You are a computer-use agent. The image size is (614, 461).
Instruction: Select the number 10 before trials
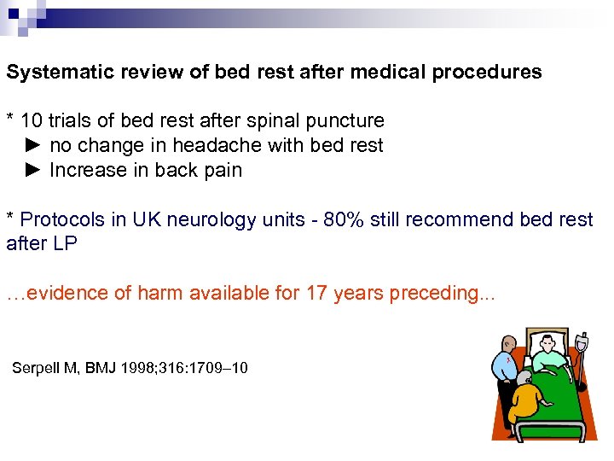click(31, 121)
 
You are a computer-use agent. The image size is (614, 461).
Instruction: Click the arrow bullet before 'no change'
click(32, 146)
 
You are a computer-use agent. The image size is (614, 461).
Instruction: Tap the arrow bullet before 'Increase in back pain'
click(32, 171)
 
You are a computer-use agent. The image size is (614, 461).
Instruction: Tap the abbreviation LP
click(64, 244)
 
